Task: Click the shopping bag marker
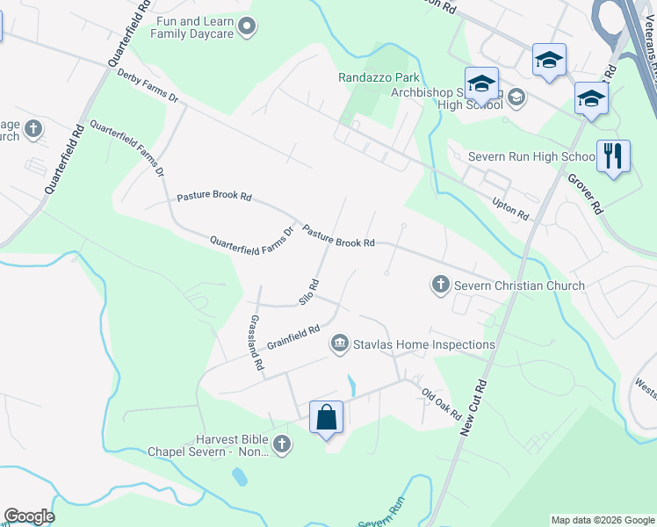click(326, 416)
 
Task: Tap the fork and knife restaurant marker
click(613, 157)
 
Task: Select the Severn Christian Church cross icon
click(440, 285)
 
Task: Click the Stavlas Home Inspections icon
click(340, 343)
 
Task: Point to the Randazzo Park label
click(379, 77)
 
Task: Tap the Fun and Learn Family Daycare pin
click(247, 27)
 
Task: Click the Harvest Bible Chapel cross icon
click(281, 444)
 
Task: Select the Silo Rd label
click(308, 292)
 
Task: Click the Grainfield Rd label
click(292, 335)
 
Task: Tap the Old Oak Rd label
click(441, 403)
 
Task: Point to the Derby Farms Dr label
click(148, 86)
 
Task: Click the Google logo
click(29, 516)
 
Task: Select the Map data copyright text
click(602, 520)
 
